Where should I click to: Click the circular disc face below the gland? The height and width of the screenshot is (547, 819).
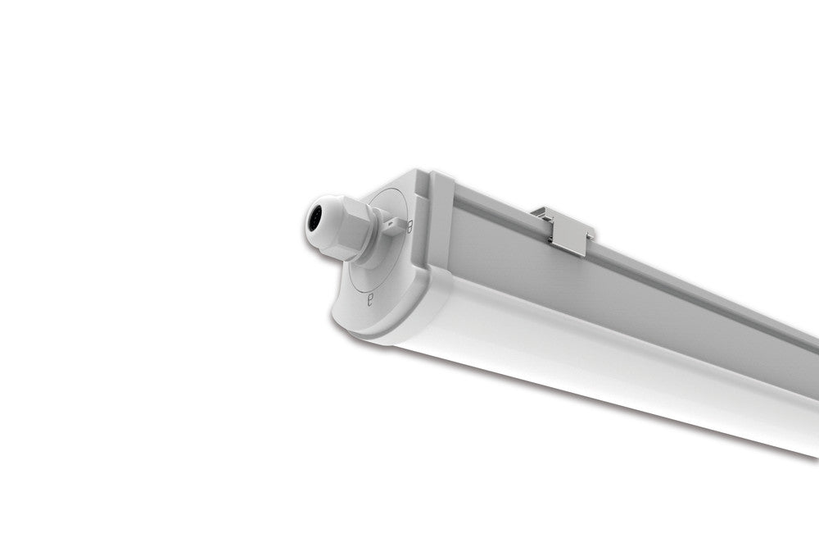[385, 271]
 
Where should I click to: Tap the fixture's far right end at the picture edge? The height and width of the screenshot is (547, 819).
[815, 394]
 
